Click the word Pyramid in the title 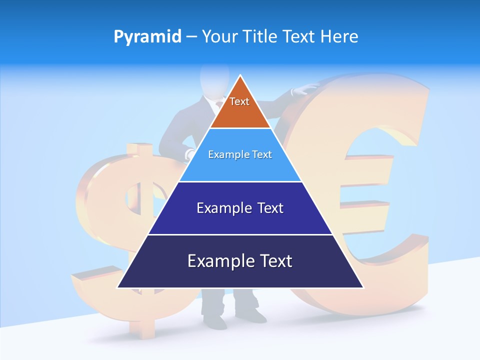click(147, 37)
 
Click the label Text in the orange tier click(239, 101)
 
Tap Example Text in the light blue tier click(240, 154)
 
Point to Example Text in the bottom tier click(240, 261)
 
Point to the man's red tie click(219, 104)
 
